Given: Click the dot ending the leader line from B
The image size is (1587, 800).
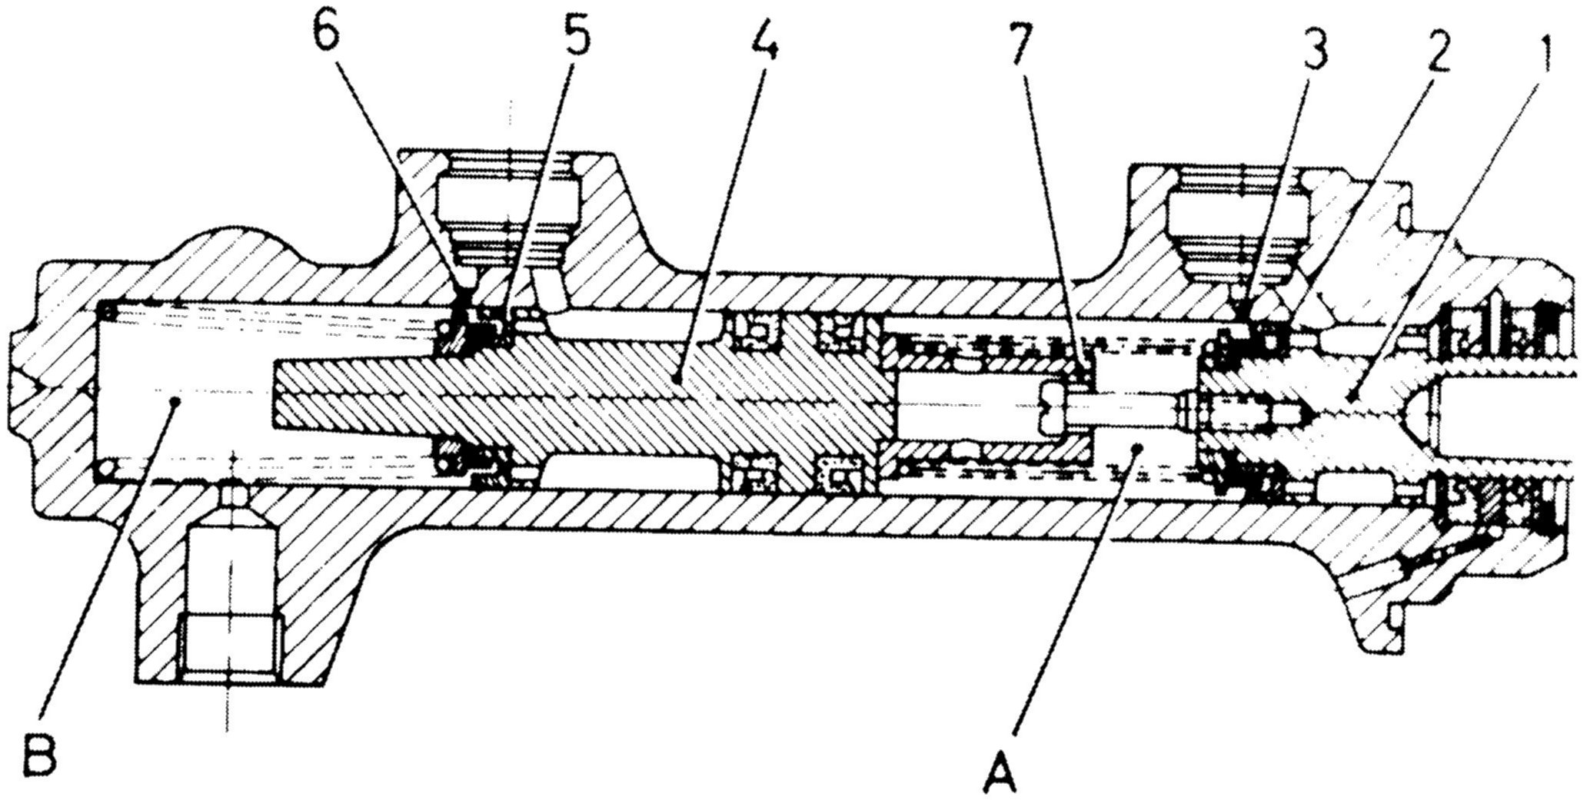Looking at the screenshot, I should click(176, 400).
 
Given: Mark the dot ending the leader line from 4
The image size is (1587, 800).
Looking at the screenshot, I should click(674, 377).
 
